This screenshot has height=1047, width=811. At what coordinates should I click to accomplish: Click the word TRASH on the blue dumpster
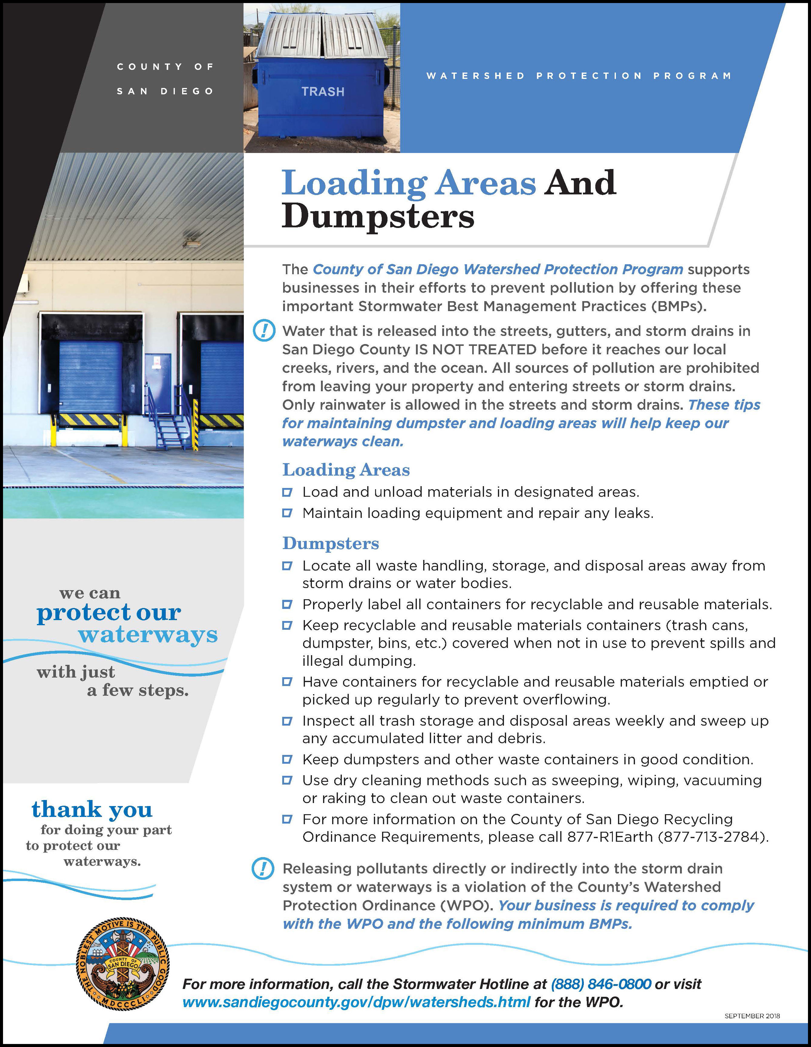coord(323,92)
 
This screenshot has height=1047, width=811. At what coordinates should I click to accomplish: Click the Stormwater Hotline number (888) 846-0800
coord(601,984)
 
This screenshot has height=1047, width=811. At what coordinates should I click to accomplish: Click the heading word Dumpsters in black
coord(378,217)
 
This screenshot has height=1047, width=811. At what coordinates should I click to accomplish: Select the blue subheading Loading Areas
coord(346,470)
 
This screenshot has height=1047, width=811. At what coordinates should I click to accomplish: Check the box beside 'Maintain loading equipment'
coord(287,513)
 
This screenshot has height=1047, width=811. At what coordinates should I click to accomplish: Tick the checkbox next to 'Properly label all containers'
coord(287,604)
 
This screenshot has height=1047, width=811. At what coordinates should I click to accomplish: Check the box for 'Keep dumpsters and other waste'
coord(287,759)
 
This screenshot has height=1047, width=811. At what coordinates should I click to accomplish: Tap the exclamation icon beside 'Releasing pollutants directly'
coord(263,869)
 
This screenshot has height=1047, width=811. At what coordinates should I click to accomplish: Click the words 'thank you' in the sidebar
coord(92,810)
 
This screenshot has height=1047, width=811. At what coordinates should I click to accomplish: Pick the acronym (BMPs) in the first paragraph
coord(679,306)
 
